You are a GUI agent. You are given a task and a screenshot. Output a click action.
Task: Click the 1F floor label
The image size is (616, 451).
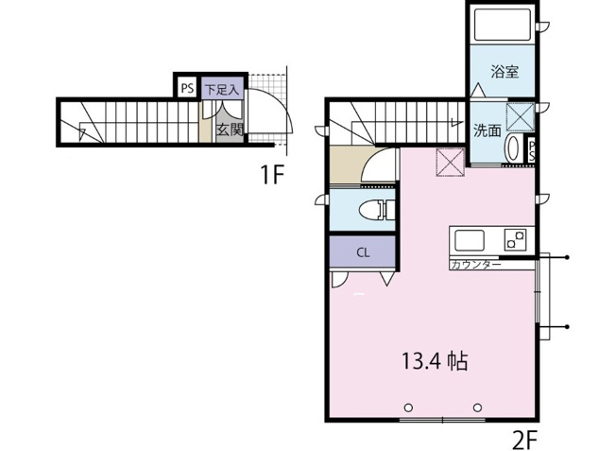pyautogui.click(x=272, y=175)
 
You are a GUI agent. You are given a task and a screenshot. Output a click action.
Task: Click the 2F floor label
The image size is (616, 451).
pyautogui.click(x=525, y=439)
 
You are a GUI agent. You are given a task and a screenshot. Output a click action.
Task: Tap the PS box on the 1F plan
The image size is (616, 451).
pyautogui.click(x=187, y=88)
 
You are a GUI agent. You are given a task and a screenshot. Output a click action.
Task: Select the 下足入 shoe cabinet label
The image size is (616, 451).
pyautogui.click(x=222, y=89)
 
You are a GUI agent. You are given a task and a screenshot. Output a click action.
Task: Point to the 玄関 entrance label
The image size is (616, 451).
pyautogui.click(x=230, y=130)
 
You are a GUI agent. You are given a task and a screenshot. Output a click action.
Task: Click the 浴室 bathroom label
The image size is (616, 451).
pyautogui.click(x=505, y=72)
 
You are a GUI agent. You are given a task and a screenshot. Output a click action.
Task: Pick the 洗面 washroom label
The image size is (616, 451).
pyautogui.click(x=488, y=130)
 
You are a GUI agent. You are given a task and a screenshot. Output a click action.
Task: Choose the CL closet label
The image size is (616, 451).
pyautogui.click(x=363, y=252)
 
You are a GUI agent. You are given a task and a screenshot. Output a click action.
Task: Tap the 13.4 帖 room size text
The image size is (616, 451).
pyautogui.click(x=435, y=361)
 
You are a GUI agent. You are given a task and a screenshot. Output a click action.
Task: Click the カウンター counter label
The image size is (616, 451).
pyautogui.click(x=476, y=264)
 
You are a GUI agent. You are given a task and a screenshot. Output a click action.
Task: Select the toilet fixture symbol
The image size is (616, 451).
pyautogui.click(x=377, y=210)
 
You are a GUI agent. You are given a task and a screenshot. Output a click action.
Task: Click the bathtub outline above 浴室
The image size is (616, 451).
pyautogui.click(x=503, y=25)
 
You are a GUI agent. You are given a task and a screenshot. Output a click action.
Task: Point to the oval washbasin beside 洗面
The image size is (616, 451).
pyautogui.click(x=512, y=147)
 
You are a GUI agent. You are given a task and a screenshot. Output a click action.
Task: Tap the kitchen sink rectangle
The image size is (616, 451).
pyautogui.click(x=469, y=240)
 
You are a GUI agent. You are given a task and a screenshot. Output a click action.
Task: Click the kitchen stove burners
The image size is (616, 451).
pyautogui.click(x=515, y=239)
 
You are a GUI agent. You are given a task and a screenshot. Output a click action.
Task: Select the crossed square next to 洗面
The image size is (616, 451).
pyautogui.click(x=521, y=117)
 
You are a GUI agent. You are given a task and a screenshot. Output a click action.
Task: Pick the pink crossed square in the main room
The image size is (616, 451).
pyautogui.click(x=451, y=162)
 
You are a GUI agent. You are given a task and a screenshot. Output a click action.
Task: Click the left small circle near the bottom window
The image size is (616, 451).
pyautogui.click(x=408, y=408)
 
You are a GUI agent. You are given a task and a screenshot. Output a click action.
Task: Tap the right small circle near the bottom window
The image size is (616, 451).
pyautogui.click(x=477, y=408)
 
